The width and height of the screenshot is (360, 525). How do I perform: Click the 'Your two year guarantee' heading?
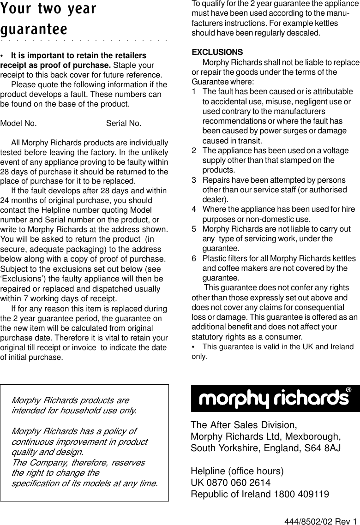48,18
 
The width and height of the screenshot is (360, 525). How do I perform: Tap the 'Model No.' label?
18,123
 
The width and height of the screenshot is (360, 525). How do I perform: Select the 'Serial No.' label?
124,123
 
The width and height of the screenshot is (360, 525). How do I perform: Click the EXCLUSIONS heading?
217,52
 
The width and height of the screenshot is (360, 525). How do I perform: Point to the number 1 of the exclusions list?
194,92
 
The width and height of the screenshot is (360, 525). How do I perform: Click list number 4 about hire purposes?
194,209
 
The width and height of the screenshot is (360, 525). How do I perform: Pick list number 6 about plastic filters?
194,258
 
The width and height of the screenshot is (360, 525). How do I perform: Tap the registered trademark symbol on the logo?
349,390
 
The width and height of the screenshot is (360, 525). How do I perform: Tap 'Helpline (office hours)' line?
237,471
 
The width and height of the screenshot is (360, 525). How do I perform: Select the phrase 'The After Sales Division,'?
244,424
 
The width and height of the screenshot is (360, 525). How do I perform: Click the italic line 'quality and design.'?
48,452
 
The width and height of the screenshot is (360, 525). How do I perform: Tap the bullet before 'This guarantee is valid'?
194,347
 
